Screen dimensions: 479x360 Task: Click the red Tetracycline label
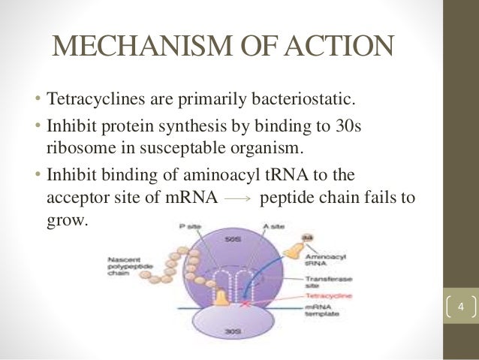click(x=318, y=295)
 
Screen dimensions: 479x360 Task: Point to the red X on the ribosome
click(x=243, y=305)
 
